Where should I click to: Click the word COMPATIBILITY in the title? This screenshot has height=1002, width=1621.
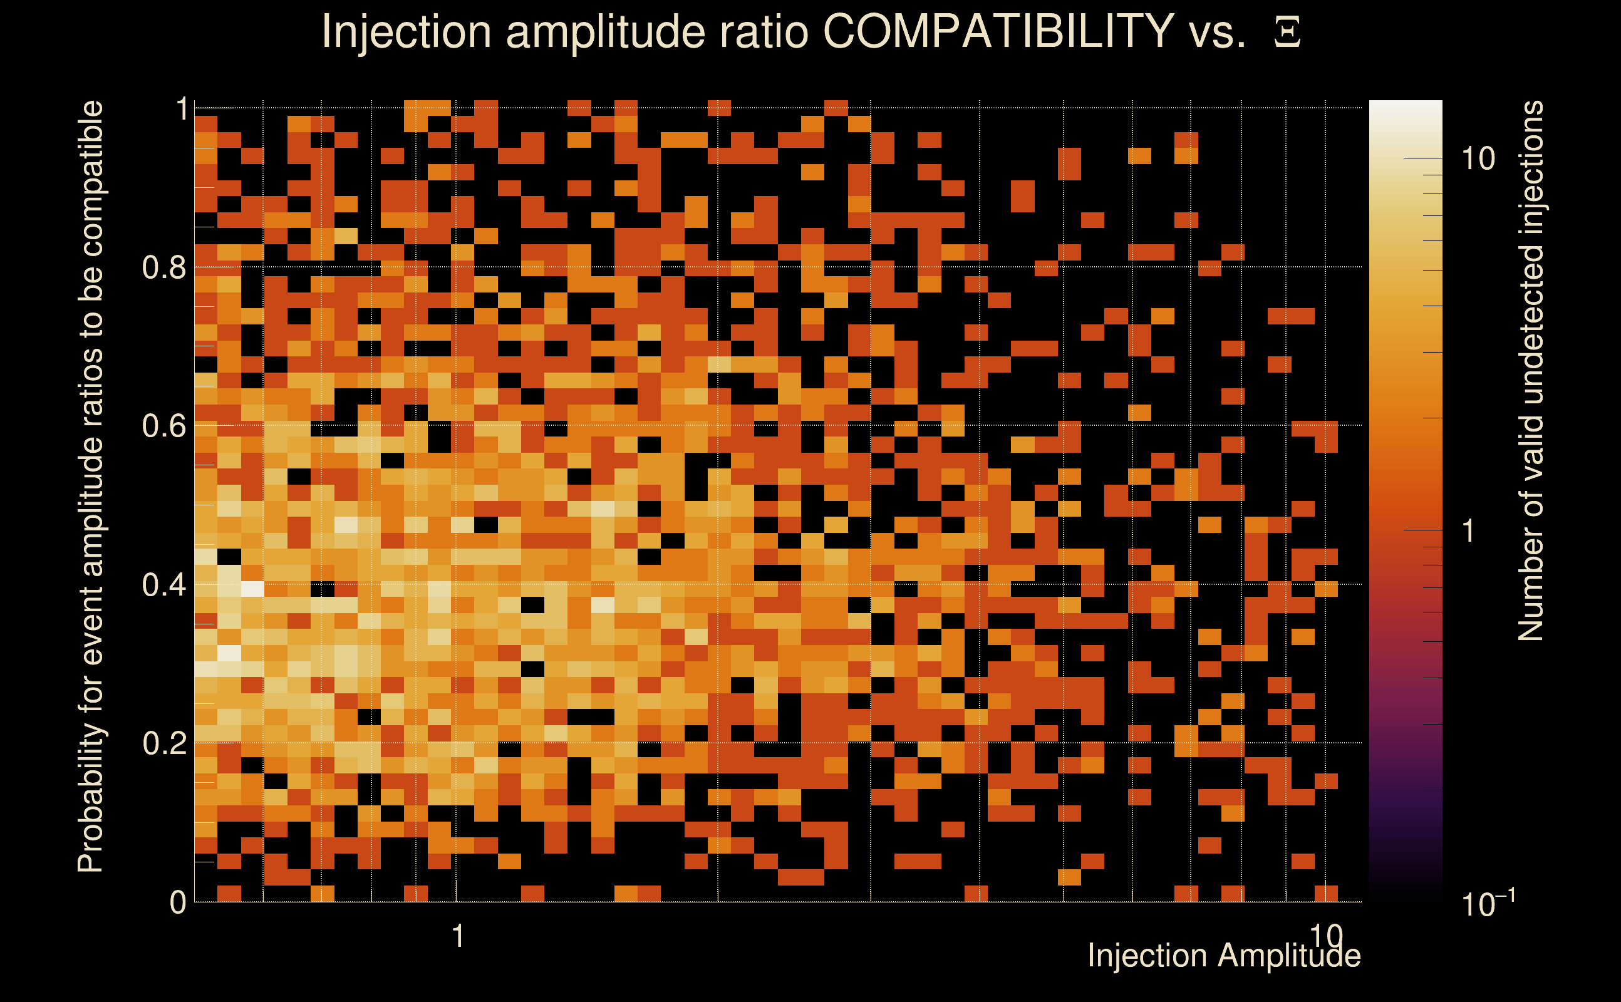point(998,31)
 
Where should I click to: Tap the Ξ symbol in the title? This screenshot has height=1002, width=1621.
point(1287,33)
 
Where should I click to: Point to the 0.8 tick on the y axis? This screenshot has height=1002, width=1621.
point(163,268)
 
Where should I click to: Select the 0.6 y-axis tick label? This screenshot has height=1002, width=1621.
point(163,426)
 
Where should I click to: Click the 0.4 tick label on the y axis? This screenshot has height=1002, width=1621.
point(163,585)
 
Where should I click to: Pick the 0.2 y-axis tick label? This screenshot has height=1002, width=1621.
point(163,743)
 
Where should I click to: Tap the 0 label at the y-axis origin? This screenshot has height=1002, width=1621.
point(178,902)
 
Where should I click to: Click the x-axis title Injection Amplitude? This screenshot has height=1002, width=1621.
point(1224,956)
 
